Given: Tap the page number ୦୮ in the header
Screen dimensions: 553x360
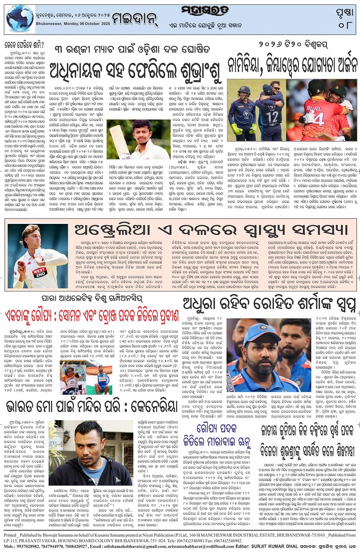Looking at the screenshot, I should click(x=345, y=25).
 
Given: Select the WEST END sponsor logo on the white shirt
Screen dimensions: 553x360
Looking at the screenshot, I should click(x=40, y=271).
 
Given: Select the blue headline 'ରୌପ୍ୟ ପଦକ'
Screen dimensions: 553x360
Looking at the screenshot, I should click(x=217, y=429).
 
